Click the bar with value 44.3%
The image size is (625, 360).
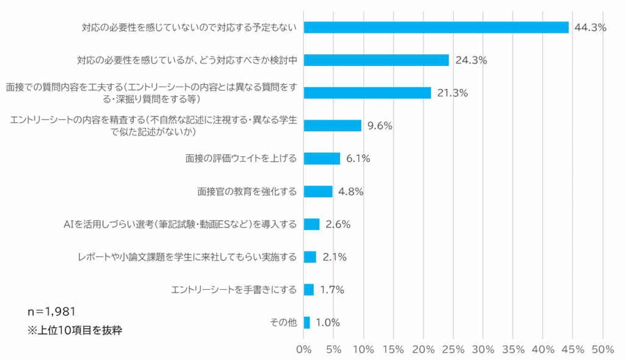(x=436, y=27)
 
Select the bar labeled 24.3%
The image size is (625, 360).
(x=376, y=60)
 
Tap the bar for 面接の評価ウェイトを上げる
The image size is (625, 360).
(x=322, y=159)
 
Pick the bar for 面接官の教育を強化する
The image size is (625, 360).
(x=318, y=192)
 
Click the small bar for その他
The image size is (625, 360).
(x=306, y=322)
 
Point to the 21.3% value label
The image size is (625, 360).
(x=452, y=93)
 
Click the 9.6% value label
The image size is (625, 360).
(x=380, y=126)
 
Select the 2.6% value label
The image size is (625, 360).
(x=338, y=224)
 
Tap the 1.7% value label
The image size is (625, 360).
(x=332, y=290)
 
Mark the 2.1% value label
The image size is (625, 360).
(x=334, y=257)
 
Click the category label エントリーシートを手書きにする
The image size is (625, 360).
(x=234, y=290)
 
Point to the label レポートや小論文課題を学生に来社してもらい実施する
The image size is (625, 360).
(x=184, y=257)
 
